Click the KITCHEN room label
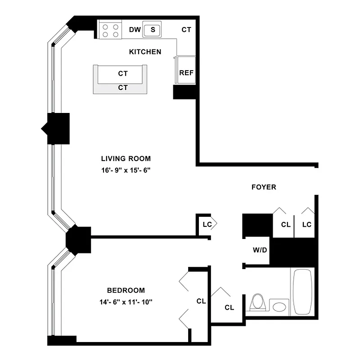pyautogui.click(x=145, y=52)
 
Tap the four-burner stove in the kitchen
pyautogui.click(x=110, y=30)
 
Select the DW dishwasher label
pyautogui.click(x=135, y=30)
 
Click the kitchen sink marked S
pyautogui.click(x=153, y=30)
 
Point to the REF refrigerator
pyautogui.click(x=186, y=72)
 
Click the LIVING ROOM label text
pyautogui.click(x=126, y=158)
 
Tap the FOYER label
pyautogui.click(x=264, y=187)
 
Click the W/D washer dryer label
pyautogui.click(x=260, y=250)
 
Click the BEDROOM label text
pyautogui.click(x=126, y=290)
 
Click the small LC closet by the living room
pyautogui.click(x=207, y=224)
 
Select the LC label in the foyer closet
pyautogui.click(x=306, y=225)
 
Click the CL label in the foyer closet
pyautogui.click(x=285, y=225)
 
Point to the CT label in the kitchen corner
pyautogui.click(x=186, y=30)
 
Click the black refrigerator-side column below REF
pyautogui.click(x=185, y=92)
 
